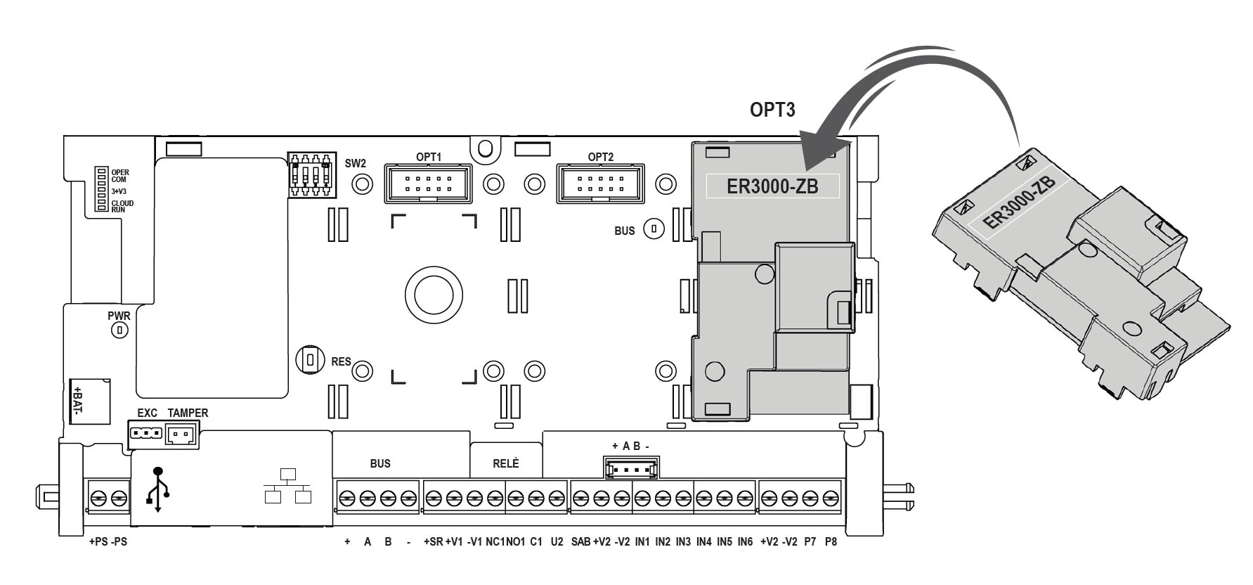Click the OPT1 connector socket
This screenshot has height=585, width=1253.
tap(427, 184)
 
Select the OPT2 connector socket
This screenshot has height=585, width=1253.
tap(600, 184)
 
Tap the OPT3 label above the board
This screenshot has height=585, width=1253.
tap(772, 110)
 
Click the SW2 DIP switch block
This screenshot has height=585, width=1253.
tap(311, 178)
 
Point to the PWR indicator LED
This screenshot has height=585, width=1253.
tap(120, 329)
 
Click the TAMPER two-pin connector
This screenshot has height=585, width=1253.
tap(181, 437)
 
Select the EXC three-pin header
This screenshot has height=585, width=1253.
tap(146, 434)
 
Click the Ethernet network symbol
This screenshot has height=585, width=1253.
tap(287, 486)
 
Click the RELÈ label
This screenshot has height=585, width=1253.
tap(505, 463)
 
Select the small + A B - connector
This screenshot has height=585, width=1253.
tap(630, 468)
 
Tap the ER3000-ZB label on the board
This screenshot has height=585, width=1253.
tap(772, 186)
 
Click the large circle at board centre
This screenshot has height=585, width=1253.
tap(434, 294)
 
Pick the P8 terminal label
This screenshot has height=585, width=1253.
tap(831, 542)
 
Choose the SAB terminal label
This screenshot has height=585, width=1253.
tap(580, 542)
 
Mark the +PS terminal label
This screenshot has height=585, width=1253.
tap(98, 542)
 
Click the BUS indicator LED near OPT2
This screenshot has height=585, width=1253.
tap(655, 229)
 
